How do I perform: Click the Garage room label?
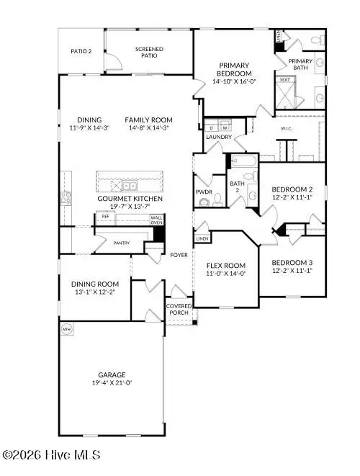(112, 375)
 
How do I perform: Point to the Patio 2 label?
(81, 52)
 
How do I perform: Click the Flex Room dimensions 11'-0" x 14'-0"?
(227, 273)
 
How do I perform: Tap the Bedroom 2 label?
(293, 189)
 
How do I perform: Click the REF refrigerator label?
(105, 216)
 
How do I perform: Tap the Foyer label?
(179, 254)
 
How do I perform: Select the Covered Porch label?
(179, 310)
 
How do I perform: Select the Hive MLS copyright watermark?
(52, 454)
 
